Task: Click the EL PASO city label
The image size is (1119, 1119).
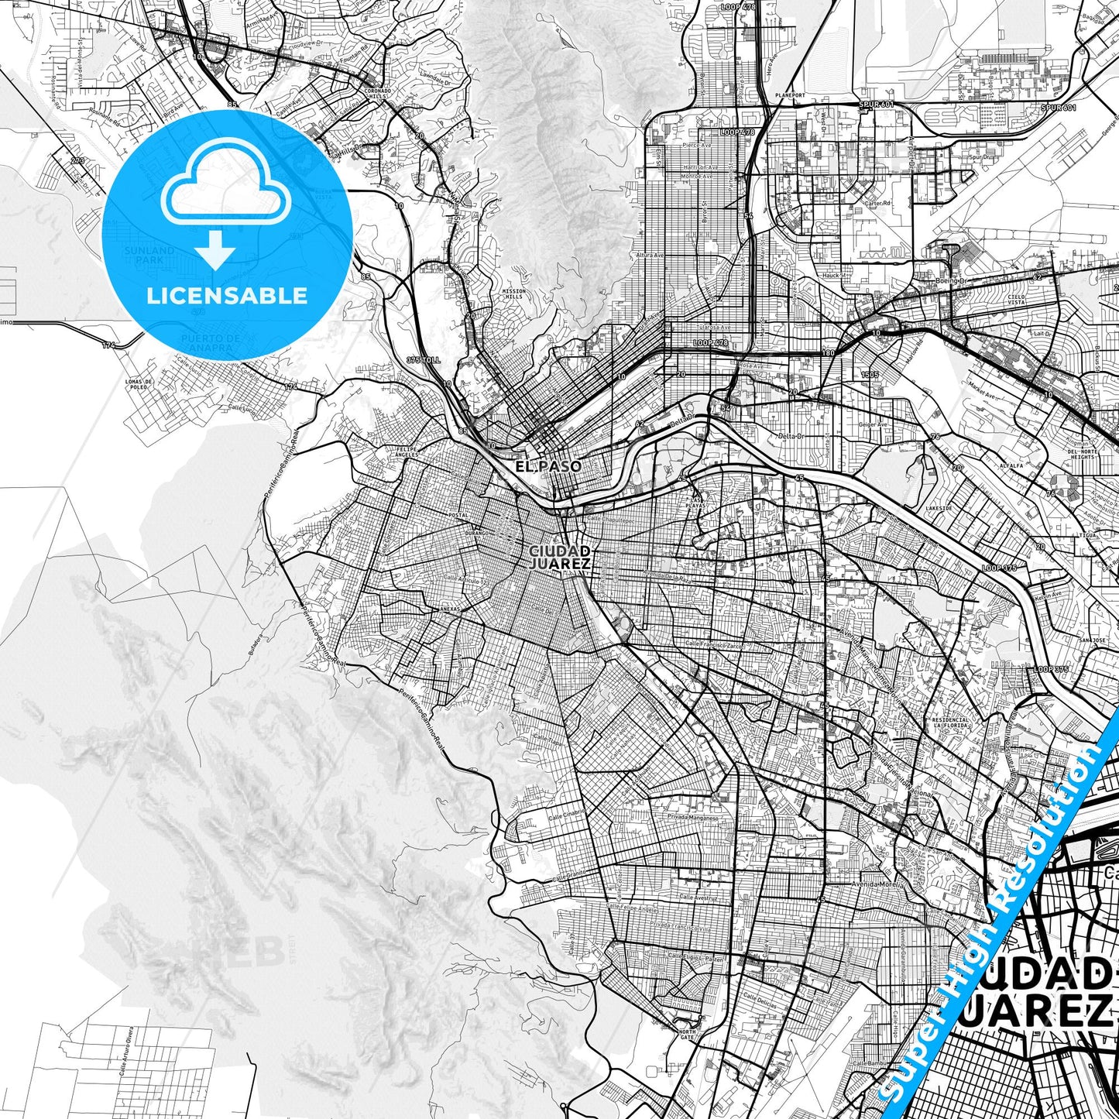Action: click(x=548, y=466)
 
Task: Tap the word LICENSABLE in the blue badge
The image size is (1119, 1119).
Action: click(x=227, y=296)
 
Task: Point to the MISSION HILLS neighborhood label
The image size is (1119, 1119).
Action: click(x=513, y=294)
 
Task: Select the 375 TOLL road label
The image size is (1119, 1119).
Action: click(x=423, y=360)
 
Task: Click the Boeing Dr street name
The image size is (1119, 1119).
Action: click(x=952, y=280)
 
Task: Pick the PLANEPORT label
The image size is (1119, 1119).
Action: click(x=789, y=96)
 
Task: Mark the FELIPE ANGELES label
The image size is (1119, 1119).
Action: click(x=407, y=451)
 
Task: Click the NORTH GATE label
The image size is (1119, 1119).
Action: click(x=688, y=1035)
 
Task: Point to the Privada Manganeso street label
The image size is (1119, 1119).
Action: click(x=695, y=817)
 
